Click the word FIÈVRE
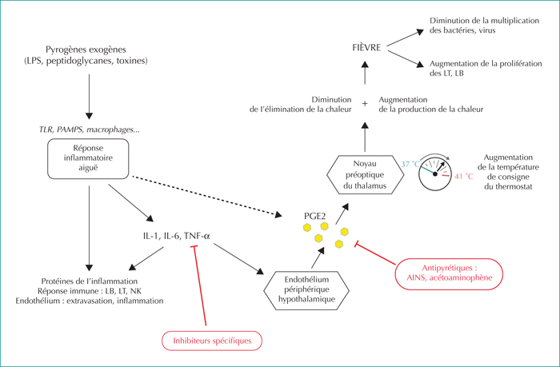point(366,47)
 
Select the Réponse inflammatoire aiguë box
point(88,158)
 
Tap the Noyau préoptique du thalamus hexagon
point(365,174)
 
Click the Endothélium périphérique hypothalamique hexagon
point(306,290)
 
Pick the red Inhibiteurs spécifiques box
point(212,341)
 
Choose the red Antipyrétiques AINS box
point(449,273)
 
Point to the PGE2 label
point(314,216)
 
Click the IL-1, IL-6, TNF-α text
point(177,236)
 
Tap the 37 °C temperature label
point(410,164)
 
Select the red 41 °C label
point(464,177)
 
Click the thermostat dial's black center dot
point(435,174)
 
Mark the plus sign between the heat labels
point(365,103)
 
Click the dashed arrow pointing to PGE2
point(206,196)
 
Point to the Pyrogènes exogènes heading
point(86,50)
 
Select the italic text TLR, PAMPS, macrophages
point(90,130)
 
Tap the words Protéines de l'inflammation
point(90,281)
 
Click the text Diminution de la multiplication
point(484,21)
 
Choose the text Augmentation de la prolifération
point(486,63)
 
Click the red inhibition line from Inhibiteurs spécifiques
point(200,285)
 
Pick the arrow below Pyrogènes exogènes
point(90,97)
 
